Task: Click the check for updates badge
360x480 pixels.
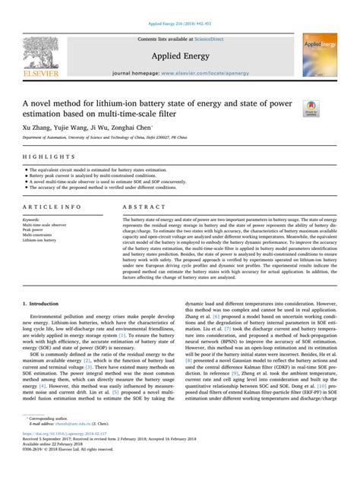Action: tap(311, 109)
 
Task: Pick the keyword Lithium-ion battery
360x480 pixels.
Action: tap(40, 239)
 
